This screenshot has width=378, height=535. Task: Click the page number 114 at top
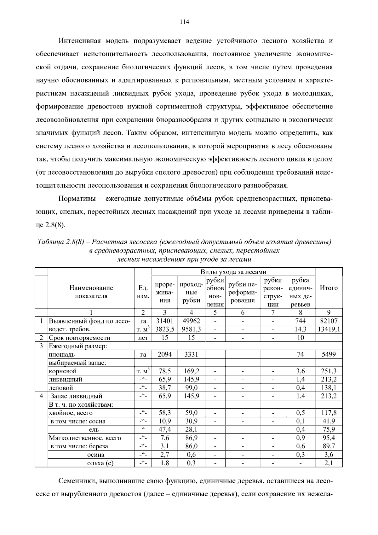184,22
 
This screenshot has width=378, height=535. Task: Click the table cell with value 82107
328,321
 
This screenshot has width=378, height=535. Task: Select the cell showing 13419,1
329,329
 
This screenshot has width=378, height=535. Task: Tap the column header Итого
329,288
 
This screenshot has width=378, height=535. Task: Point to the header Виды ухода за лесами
233,272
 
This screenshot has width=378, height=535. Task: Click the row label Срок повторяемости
79,338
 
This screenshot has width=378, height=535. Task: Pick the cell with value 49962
191,321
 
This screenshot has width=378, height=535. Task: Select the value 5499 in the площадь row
329,354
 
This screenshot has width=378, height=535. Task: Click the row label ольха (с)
100,463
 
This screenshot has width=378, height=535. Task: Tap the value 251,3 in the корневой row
329,371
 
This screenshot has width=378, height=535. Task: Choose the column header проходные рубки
191,292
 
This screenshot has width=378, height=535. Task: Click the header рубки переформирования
242,292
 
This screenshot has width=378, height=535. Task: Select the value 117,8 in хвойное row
329,413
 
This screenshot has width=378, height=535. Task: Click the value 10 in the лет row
301,338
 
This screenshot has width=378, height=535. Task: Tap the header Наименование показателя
91,292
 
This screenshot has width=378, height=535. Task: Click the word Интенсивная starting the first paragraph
79,41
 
